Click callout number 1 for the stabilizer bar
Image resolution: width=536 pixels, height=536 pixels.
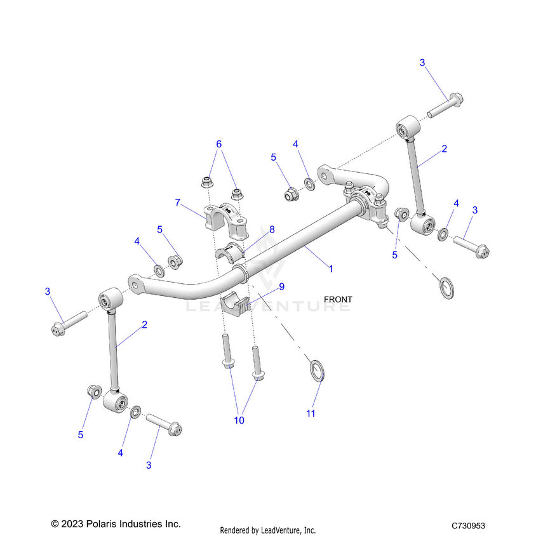tap(330, 269)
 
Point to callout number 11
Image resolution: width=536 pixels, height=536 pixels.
tap(311, 413)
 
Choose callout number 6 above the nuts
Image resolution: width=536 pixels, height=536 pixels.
tap(219, 144)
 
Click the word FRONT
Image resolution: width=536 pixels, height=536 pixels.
tap(337, 298)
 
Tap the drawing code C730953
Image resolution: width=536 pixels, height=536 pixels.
tap(468, 526)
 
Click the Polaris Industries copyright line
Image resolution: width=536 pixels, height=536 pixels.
tap(116, 524)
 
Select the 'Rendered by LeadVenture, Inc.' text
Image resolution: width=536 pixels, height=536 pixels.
tap(267, 530)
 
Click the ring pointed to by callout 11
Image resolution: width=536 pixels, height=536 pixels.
tap(316, 369)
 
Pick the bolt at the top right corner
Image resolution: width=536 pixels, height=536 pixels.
tap(445, 106)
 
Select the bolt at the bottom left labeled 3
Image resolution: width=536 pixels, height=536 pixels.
tap(164, 423)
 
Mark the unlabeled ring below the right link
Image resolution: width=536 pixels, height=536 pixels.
tap(446, 287)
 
